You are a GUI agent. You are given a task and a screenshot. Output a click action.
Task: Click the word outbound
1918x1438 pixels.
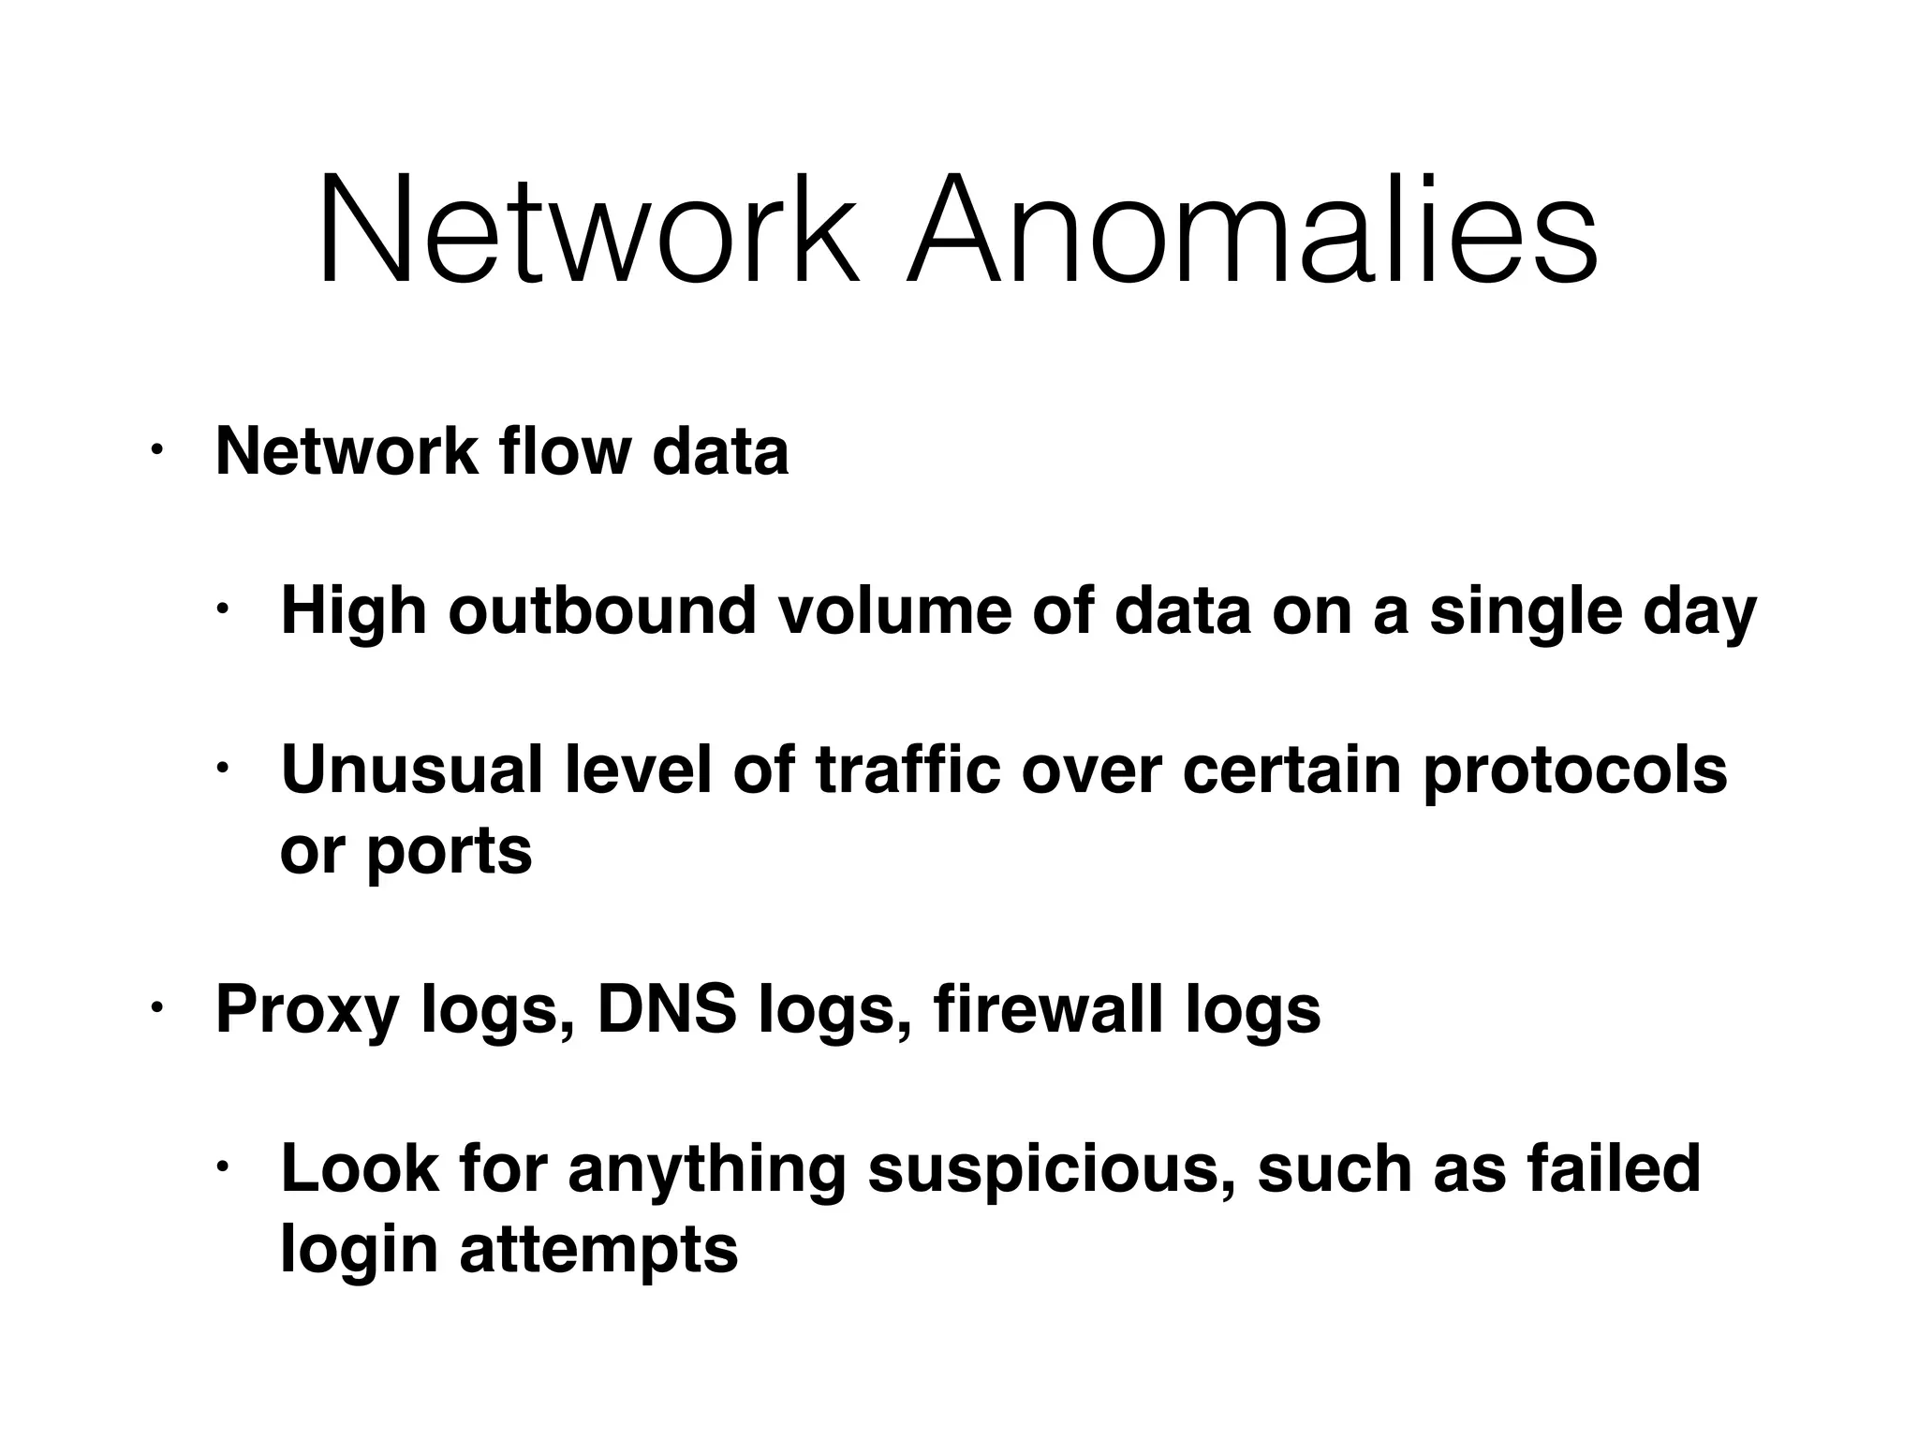(601, 611)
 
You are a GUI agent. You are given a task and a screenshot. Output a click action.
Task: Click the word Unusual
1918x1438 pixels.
(411, 770)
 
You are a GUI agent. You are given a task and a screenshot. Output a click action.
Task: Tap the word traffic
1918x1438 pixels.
(908, 770)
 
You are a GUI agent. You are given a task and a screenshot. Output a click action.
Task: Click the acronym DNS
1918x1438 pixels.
(666, 1009)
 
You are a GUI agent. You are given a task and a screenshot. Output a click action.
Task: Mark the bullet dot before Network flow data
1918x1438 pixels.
(156, 451)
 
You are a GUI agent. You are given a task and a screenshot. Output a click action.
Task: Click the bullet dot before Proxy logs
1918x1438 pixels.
(156, 1008)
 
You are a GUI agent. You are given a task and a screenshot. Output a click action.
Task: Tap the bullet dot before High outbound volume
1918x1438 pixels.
(223, 610)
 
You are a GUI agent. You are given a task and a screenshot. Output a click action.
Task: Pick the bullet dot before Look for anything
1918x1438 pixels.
(223, 1167)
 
